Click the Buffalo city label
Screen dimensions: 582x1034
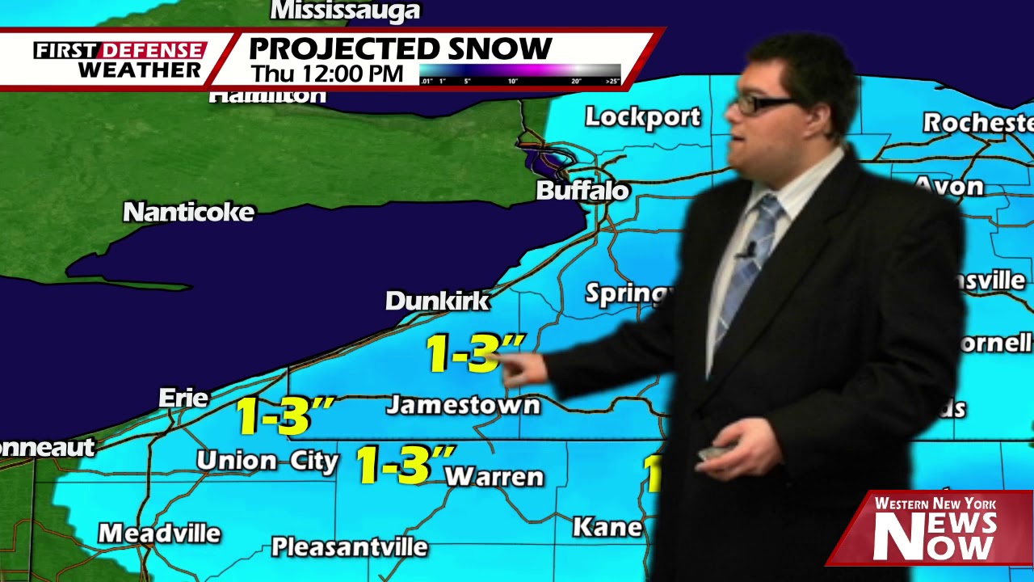[x=582, y=191]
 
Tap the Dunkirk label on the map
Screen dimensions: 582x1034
[x=437, y=301]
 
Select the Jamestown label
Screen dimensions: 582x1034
[x=462, y=405]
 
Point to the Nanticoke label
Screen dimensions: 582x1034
[x=188, y=213]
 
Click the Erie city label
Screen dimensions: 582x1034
[x=183, y=398]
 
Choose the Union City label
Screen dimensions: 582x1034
[x=267, y=461]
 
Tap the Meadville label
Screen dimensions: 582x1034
[x=159, y=533]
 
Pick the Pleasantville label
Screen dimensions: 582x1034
[x=349, y=547]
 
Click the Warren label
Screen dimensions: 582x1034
[x=494, y=477]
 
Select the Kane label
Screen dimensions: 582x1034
[x=607, y=528]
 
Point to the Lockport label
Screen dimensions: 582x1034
[x=642, y=117]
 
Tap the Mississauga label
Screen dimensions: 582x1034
[x=345, y=11]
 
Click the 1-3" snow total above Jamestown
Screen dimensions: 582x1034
[x=473, y=353]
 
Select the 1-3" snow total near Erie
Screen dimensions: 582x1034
[x=284, y=415]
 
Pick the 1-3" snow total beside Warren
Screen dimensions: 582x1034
[x=404, y=465]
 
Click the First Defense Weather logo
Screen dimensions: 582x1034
[x=120, y=60]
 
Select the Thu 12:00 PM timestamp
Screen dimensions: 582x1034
[x=326, y=74]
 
